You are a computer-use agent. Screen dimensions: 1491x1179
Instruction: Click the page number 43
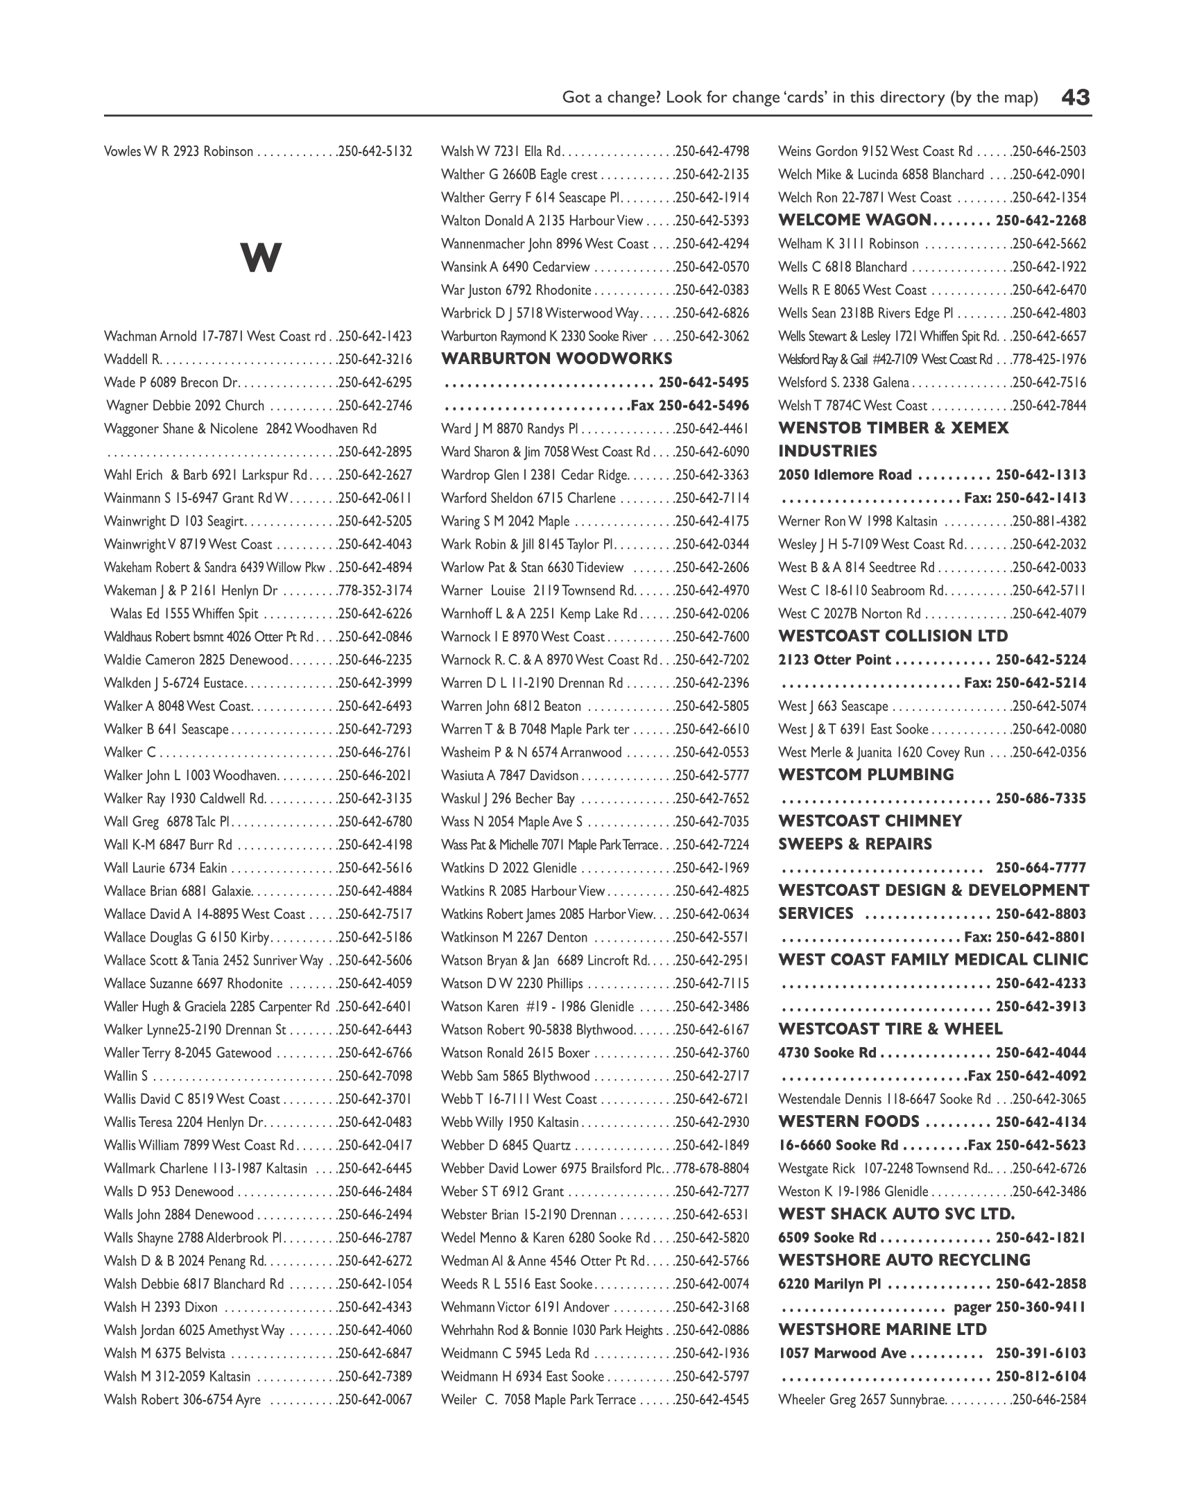click(x=1076, y=97)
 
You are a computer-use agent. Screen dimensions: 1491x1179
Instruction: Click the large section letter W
click(x=261, y=258)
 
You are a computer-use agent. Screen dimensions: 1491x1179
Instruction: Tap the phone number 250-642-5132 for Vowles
click(x=375, y=151)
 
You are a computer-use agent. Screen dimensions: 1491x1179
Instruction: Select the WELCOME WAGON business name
click(x=854, y=221)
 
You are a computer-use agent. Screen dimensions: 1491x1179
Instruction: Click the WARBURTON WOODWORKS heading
click(x=557, y=359)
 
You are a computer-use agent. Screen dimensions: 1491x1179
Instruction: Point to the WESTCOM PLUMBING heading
click(x=866, y=775)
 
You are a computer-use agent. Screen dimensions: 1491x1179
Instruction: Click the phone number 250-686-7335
click(x=1041, y=798)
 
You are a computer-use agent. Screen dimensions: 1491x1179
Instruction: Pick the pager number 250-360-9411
click(x=1041, y=1307)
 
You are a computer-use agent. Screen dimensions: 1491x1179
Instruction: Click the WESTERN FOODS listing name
click(x=849, y=1122)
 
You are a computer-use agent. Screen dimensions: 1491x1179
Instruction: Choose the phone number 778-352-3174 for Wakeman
click(x=375, y=591)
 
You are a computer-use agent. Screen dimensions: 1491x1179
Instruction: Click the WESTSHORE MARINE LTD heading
click(x=882, y=1330)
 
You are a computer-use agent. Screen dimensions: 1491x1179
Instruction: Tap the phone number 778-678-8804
click(x=712, y=1169)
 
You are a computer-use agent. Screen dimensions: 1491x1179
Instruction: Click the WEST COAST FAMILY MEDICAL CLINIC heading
click(x=933, y=960)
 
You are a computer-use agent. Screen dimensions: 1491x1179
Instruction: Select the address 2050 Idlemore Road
click(x=845, y=475)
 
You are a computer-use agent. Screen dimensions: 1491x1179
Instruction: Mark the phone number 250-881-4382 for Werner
click(x=1049, y=521)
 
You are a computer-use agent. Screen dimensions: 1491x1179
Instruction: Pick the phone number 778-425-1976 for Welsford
click(x=1049, y=359)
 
